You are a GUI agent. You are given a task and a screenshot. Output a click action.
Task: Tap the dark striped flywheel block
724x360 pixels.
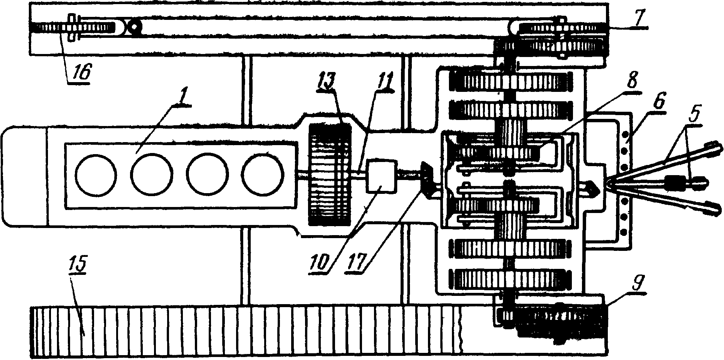pyautogui.click(x=329, y=174)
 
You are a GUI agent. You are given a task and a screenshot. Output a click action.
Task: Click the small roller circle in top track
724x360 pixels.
pyautogui.click(x=133, y=27)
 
